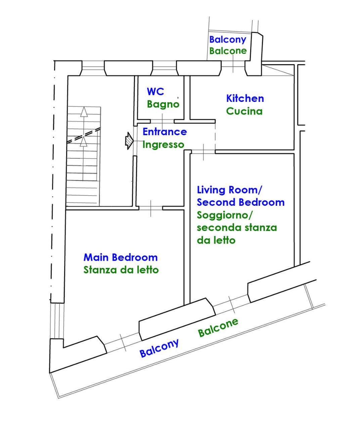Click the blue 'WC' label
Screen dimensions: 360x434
pyautogui.click(x=155, y=91)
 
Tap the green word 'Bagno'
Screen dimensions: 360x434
pyautogui.click(x=163, y=104)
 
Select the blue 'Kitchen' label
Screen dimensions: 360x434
pyautogui.click(x=245, y=98)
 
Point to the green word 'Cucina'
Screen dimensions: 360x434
pyautogui.click(x=244, y=111)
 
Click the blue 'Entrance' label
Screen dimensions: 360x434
pyautogui.click(x=165, y=132)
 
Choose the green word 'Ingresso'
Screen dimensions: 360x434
pyautogui.click(x=164, y=145)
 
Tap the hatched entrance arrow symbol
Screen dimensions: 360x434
pyautogui.click(x=129, y=141)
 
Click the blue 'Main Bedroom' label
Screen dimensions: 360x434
pyautogui.click(x=121, y=258)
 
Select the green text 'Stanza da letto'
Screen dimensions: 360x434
pyautogui.click(x=121, y=270)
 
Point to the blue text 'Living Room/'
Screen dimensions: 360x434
pyautogui.click(x=230, y=190)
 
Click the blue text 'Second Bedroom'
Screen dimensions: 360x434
pyautogui.click(x=241, y=202)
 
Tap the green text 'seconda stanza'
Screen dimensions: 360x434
pyautogui.click(x=237, y=228)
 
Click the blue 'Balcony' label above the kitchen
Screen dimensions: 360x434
pyautogui.click(x=228, y=40)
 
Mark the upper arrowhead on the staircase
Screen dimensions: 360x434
pyautogui.click(x=84, y=112)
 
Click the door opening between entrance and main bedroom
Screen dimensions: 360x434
pyautogui.click(x=151, y=208)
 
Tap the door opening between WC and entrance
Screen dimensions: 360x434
pyautogui.click(x=162, y=121)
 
